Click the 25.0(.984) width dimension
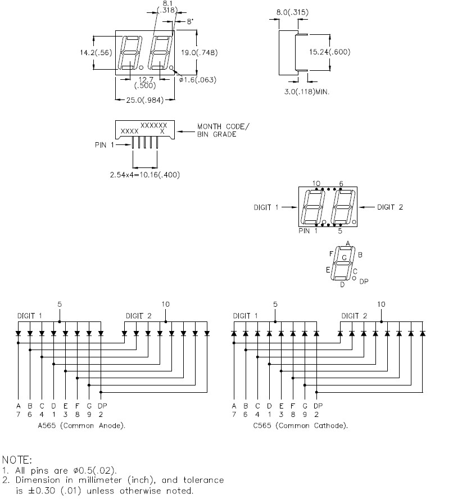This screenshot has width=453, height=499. pos(145,100)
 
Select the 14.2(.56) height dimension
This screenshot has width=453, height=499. pos(96,52)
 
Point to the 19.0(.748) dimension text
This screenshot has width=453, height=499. pos(200,52)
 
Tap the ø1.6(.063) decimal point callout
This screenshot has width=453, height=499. pos(198,80)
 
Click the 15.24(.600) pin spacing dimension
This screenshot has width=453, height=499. pos(330,52)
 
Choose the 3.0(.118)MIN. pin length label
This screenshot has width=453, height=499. pos(307,92)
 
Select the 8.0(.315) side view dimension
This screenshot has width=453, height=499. pos(292,12)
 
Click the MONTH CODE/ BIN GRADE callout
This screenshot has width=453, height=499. pos(223,130)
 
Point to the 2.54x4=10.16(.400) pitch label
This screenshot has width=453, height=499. pos(145,175)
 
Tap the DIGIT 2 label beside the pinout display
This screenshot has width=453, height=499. pos(390,207)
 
